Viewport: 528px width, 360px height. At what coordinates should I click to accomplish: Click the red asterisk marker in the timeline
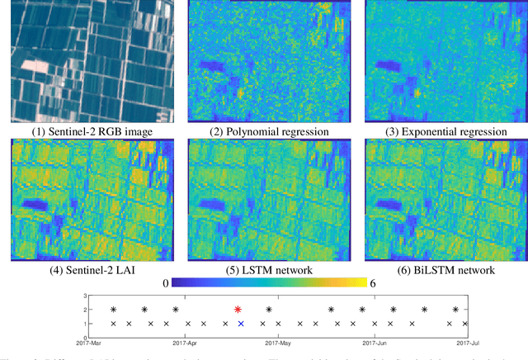[x=238, y=310]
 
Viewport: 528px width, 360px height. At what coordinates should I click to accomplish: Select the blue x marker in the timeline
[x=241, y=324]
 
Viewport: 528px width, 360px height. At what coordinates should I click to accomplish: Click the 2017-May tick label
[x=278, y=339]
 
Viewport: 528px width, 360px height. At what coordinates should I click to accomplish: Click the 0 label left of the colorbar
[x=166, y=283]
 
